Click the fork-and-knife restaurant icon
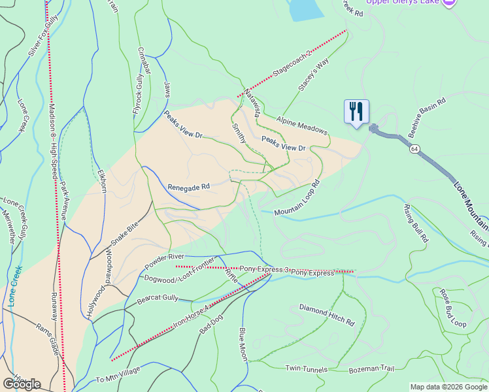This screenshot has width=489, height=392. pyautogui.click(x=356, y=111)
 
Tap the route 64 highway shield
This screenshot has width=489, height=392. pyautogui.click(x=415, y=149)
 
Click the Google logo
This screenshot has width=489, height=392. pyautogui.click(x=22, y=384)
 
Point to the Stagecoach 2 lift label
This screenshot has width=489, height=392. pyautogui.click(x=292, y=65)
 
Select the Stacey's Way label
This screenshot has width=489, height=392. pyautogui.click(x=312, y=78)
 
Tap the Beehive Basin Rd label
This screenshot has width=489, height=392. pyautogui.click(x=427, y=118)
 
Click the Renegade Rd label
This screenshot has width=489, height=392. pyautogui.click(x=188, y=186)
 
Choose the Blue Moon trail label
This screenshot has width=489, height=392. pyautogui.click(x=243, y=345)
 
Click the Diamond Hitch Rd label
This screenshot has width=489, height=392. pyautogui.click(x=327, y=314)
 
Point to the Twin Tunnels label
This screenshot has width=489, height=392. pyautogui.click(x=306, y=370)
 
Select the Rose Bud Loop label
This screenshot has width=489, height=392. pyautogui.click(x=452, y=308)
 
